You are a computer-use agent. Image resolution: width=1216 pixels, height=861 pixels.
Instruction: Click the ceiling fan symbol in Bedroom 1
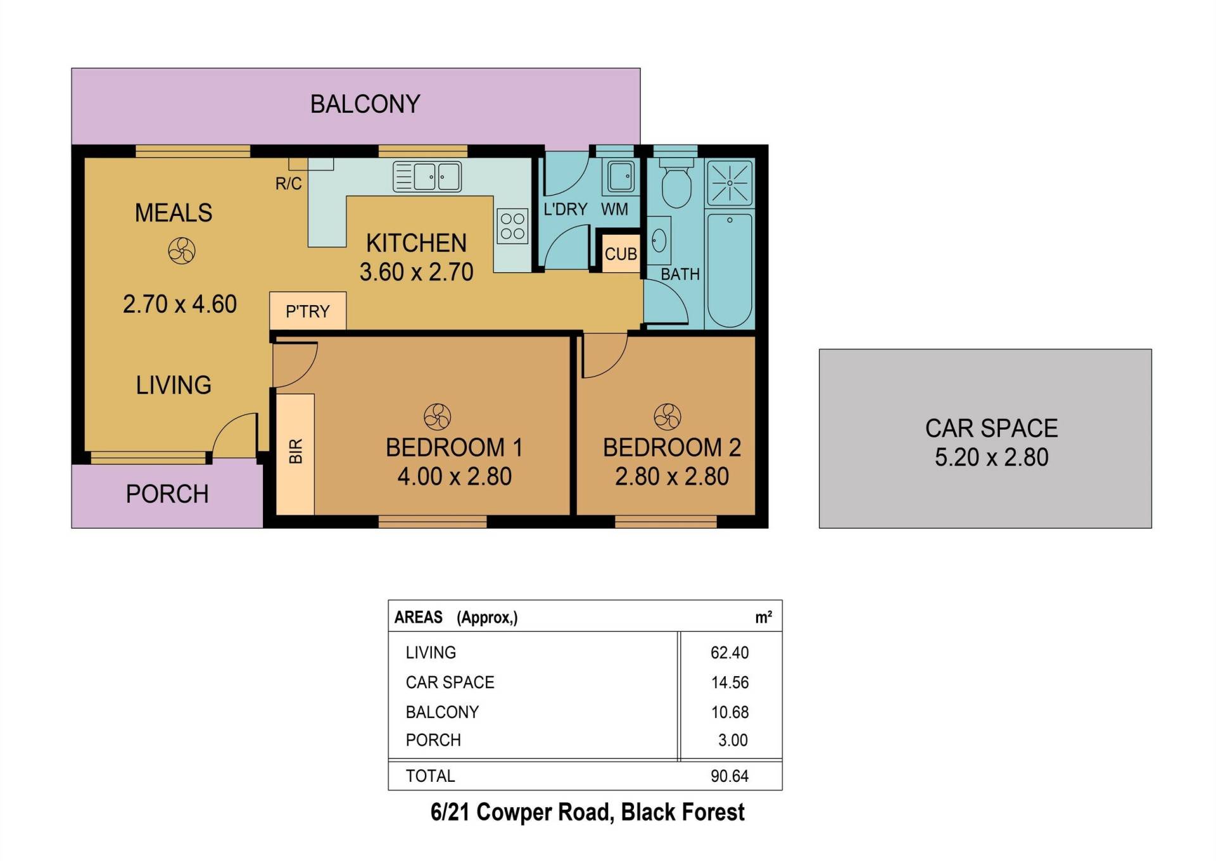pos(437,417)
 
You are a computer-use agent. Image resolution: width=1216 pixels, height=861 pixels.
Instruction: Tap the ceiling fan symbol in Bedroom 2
pos(668,417)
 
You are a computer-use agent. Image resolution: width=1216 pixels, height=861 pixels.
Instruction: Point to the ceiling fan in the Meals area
pos(182,251)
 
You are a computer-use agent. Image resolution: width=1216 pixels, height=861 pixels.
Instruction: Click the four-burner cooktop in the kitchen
pos(512,227)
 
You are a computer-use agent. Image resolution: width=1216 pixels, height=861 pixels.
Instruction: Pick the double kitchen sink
pos(427,177)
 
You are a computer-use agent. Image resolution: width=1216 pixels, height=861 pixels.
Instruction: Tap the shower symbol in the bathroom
pos(730,183)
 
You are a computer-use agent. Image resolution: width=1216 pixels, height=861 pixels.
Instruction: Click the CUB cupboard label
pos(621,255)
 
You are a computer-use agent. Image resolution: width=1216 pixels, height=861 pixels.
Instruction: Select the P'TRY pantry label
pos(308,311)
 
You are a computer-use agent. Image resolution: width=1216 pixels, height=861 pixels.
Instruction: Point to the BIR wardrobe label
pos(296,451)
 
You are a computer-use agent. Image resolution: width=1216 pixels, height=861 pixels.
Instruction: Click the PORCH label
pos(167,494)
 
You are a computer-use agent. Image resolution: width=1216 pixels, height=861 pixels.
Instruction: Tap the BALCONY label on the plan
pos(365,104)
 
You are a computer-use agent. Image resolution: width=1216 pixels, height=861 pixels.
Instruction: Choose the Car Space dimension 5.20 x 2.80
pos(992,457)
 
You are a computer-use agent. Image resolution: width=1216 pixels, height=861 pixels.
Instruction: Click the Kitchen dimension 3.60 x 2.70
pos(417,272)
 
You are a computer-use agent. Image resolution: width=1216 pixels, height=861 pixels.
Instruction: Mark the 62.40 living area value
pos(730,653)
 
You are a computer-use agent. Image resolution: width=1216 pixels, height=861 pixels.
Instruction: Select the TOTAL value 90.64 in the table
pos(730,776)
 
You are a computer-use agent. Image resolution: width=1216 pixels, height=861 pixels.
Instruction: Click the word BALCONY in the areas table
pos(442,712)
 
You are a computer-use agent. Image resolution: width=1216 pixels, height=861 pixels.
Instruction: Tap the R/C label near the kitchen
pos(288,184)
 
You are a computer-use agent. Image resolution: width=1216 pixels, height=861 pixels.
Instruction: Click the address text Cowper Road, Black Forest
pos(611,812)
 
